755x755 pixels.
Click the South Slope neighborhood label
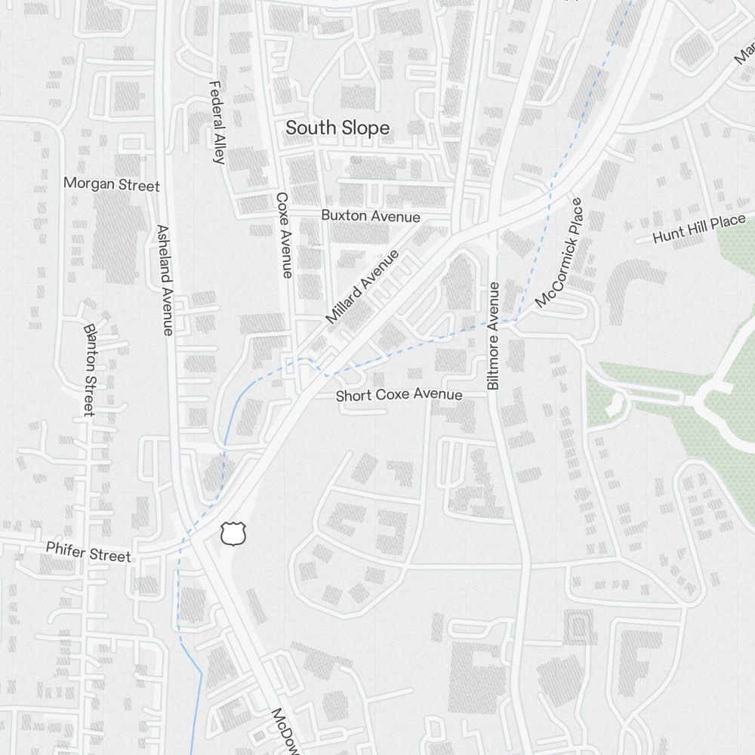(x=337, y=128)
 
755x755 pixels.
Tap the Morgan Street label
(x=111, y=184)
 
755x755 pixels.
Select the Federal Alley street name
(x=217, y=122)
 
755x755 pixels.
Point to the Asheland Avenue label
(x=164, y=279)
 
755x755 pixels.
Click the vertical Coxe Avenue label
(x=283, y=235)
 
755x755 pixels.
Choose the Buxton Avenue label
(x=370, y=216)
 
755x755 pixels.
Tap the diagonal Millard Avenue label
(x=362, y=288)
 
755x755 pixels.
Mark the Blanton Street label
(x=89, y=370)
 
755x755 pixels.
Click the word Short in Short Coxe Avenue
(x=353, y=396)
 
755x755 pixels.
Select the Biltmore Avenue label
(x=493, y=335)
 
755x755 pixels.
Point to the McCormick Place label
(x=559, y=253)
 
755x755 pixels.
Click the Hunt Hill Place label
(x=688, y=229)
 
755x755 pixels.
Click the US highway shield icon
(x=233, y=534)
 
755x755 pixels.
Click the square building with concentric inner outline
(x=579, y=627)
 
